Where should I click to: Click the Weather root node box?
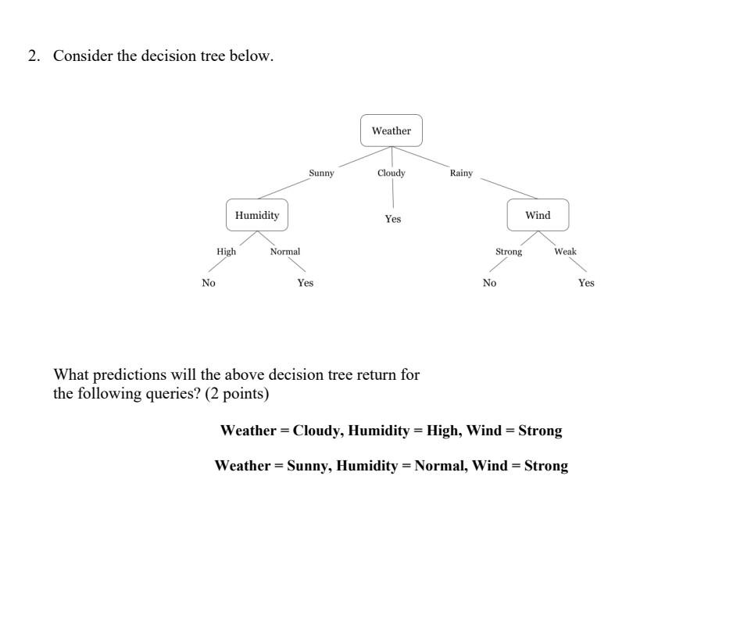click(391, 131)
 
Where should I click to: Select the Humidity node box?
click(257, 215)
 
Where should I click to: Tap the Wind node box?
click(538, 215)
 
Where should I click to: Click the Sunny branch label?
click(321, 173)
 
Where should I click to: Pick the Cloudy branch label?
click(392, 173)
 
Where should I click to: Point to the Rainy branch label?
click(461, 173)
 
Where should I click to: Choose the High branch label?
click(226, 252)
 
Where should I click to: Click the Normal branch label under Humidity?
click(285, 252)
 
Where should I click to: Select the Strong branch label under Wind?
click(509, 252)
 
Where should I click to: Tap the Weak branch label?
click(565, 252)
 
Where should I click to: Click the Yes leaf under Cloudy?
click(393, 220)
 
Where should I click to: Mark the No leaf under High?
click(209, 283)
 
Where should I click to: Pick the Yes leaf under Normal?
click(306, 283)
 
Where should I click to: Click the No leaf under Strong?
click(489, 283)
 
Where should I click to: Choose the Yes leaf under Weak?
click(586, 283)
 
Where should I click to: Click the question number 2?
click(33, 56)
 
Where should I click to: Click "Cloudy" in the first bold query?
click(317, 431)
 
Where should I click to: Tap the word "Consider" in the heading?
click(83, 56)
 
